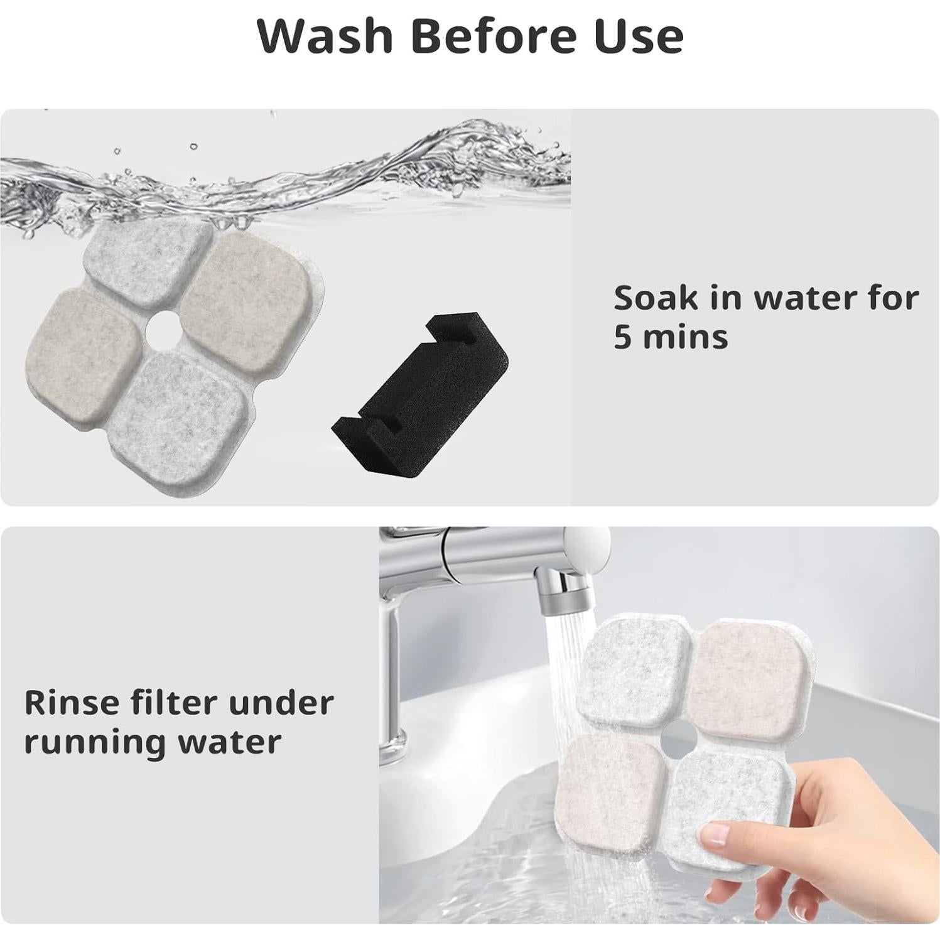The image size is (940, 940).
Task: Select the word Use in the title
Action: coord(630,36)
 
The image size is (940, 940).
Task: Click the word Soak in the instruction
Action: coord(654,298)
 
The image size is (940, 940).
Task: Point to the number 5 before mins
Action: coord(622,337)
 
